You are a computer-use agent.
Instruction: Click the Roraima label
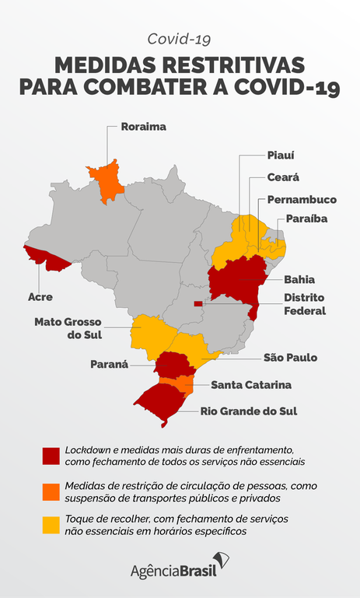(x=144, y=125)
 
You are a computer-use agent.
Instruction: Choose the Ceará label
(x=283, y=177)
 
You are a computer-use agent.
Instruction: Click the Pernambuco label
(x=302, y=199)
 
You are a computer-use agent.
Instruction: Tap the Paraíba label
(x=306, y=219)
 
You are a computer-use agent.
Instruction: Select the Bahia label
(x=299, y=278)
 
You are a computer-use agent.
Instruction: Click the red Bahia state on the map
(x=237, y=282)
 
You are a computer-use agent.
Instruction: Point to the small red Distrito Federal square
(x=197, y=303)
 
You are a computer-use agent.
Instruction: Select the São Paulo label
(x=290, y=358)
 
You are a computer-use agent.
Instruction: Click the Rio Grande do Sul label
(x=248, y=411)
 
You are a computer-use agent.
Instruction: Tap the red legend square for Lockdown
(x=51, y=456)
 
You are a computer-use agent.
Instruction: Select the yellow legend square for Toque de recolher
(x=51, y=525)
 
